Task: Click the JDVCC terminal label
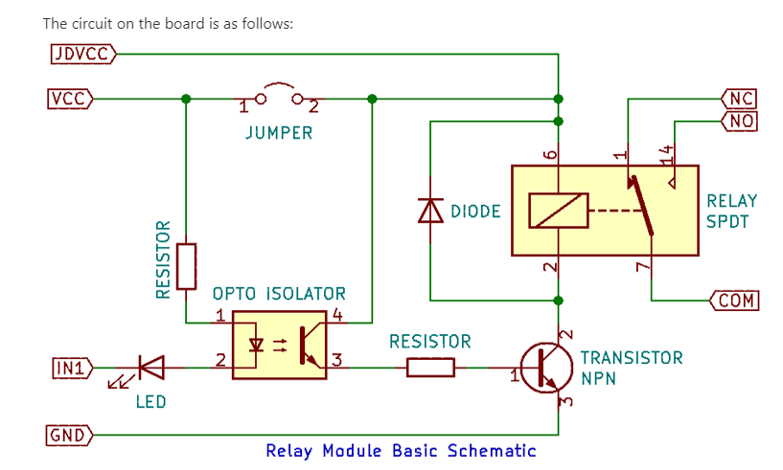pos(82,54)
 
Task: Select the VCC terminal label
pos(70,99)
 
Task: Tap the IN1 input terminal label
pos(73,369)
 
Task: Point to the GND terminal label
pos(69,436)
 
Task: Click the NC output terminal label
pos(739,99)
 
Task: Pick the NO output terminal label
pos(739,121)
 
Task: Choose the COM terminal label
pos(734,301)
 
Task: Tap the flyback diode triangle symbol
pos(430,210)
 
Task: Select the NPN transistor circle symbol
pos(546,369)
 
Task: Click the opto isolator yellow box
pos(280,346)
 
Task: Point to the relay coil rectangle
pos(559,211)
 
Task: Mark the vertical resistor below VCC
pos(186,266)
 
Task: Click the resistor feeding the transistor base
pos(430,368)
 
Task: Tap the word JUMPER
pos(279,133)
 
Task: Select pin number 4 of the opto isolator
pos(337,315)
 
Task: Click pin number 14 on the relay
pos(666,155)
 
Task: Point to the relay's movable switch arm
pos(642,205)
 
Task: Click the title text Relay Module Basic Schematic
pos(401,451)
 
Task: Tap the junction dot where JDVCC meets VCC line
pos(559,99)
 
